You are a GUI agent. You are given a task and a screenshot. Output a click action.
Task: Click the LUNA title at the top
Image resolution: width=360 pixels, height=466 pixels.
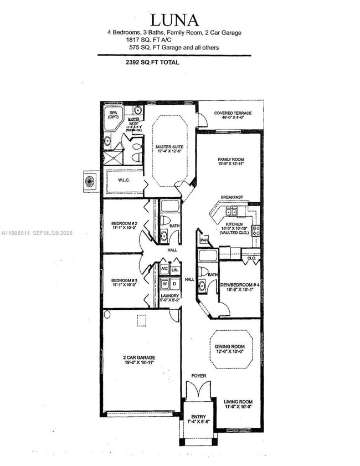[x=174, y=21]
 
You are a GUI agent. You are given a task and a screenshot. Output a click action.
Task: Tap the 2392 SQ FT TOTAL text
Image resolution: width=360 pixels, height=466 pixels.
[x=153, y=63]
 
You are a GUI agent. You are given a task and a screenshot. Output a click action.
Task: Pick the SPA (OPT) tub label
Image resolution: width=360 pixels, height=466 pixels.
[x=114, y=115]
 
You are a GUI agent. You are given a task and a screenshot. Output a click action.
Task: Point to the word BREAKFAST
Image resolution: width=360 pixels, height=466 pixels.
[x=232, y=197]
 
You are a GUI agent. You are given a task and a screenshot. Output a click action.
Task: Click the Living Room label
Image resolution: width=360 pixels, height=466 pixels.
[x=238, y=404]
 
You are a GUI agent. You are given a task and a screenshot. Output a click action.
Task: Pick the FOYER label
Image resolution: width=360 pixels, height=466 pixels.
[x=198, y=376]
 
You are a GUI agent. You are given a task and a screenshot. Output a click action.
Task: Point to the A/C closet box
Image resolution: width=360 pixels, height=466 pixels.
[x=164, y=270]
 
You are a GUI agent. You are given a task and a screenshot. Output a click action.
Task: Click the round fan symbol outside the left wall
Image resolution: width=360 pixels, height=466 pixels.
[x=90, y=180]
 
